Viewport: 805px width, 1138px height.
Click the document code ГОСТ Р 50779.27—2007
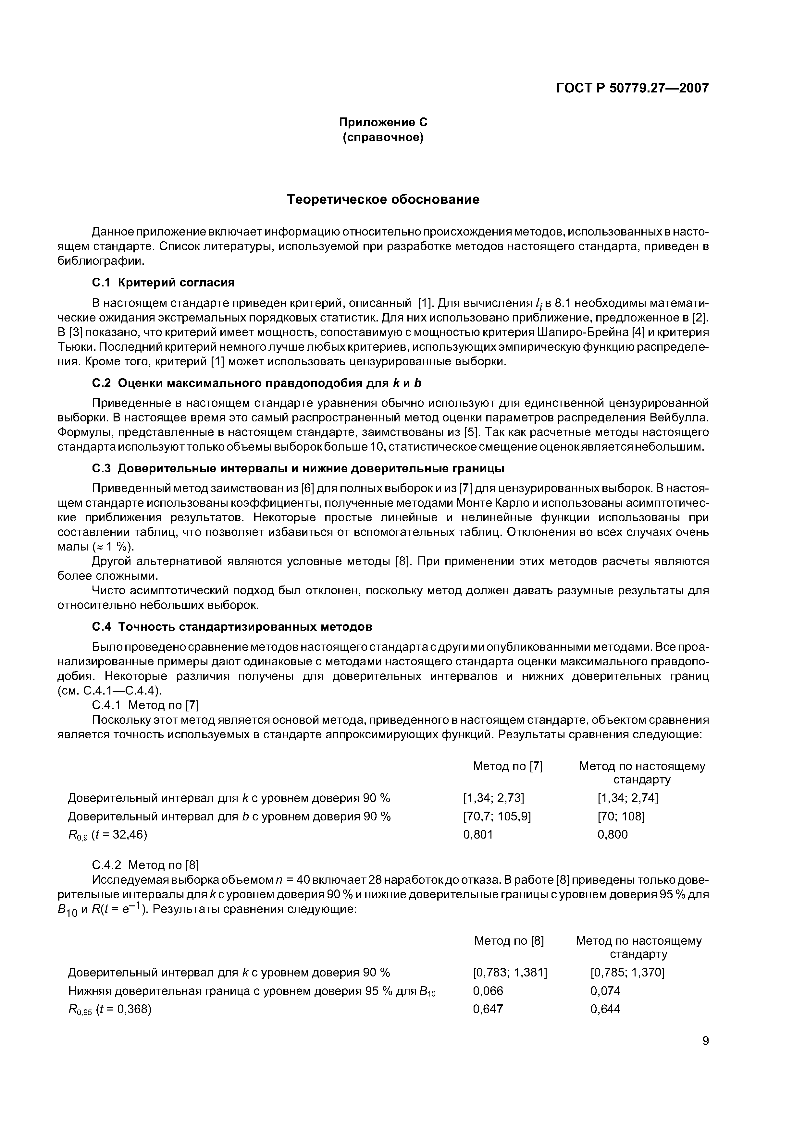click(632, 88)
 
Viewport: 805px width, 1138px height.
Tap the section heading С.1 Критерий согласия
click(163, 283)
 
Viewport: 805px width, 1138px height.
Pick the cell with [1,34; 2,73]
click(493, 798)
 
